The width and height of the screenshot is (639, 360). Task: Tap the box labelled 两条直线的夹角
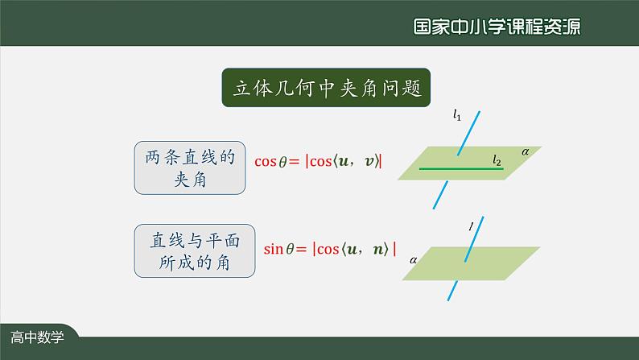click(190, 168)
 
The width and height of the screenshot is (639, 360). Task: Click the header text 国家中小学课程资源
click(497, 26)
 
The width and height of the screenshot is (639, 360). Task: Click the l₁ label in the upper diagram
click(457, 116)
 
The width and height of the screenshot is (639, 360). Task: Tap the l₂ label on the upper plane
click(497, 162)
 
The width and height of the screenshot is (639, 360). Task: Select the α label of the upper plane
click(526, 151)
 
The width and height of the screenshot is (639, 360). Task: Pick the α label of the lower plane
click(413, 260)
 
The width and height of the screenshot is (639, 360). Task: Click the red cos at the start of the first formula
click(265, 161)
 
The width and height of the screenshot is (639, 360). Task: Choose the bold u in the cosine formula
click(344, 161)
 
